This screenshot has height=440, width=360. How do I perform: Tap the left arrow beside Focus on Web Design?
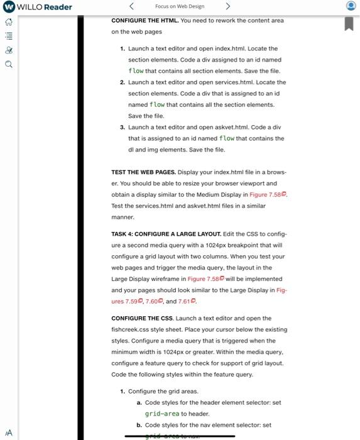(x=131, y=7)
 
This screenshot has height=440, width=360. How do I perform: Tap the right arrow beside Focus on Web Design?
(x=228, y=7)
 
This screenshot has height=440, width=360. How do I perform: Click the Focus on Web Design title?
(x=179, y=7)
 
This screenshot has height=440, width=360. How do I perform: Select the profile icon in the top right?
(x=351, y=7)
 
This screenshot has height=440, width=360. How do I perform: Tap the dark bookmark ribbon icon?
(x=349, y=23)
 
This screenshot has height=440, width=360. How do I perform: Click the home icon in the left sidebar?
(x=8, y=22)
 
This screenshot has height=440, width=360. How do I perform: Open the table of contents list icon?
(x=8, y=36)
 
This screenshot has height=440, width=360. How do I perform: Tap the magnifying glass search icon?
(x=8, y=63)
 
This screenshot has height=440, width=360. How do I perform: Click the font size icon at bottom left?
(x=8, y=432)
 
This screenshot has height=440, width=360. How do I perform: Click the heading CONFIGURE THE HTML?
(x=145, y=20)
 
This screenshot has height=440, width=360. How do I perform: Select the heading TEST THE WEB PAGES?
(x=143, y=172)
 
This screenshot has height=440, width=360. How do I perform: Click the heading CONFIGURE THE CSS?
(x=142, y=318)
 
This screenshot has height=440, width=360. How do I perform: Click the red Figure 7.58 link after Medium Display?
(x=267, y=195)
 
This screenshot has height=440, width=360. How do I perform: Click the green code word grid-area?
(x=161, y=414)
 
